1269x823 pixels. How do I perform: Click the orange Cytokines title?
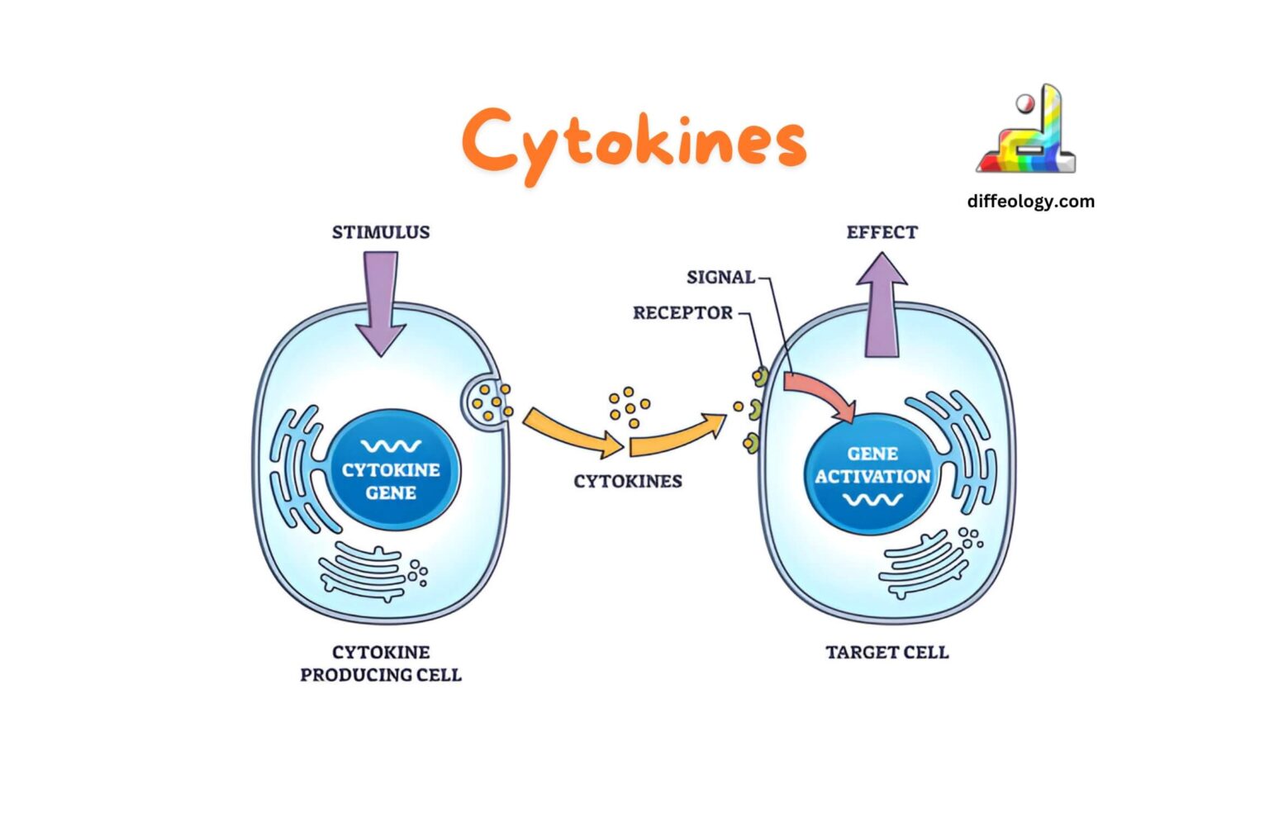click(634, 142)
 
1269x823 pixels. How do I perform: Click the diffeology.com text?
click(1030, 201)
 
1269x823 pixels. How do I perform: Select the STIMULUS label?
click(381, 232)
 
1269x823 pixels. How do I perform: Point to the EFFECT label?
click(882, 232)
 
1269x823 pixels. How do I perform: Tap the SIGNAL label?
click(720, 278)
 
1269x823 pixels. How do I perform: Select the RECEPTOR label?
click(682, 313)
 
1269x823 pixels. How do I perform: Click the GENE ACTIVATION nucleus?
click(872, 475)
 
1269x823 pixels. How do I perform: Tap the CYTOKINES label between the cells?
click(628, 481)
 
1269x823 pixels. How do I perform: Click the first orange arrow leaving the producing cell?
click(572, 432)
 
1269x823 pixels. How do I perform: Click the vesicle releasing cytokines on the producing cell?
click(487, 402)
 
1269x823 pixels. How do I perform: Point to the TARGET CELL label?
click(887, 652)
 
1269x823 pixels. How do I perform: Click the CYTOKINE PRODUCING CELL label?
click(381, 664)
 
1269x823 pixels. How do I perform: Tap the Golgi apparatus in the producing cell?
click(364, 570)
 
